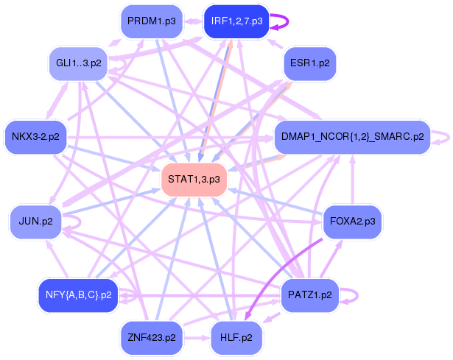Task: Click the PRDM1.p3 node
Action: pos(151,21)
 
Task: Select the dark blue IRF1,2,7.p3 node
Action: pos(236,21)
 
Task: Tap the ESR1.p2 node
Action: pos(310,63)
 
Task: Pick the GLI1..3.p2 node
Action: pos(78,63)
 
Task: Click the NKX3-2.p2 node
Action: pos(36,136)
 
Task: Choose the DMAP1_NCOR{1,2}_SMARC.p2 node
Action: pos(351,136)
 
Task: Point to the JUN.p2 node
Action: pos(35,220)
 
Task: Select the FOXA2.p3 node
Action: pos(352,220)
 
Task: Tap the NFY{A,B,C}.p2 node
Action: pos(77,294)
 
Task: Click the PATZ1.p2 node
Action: pos(309,294)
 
